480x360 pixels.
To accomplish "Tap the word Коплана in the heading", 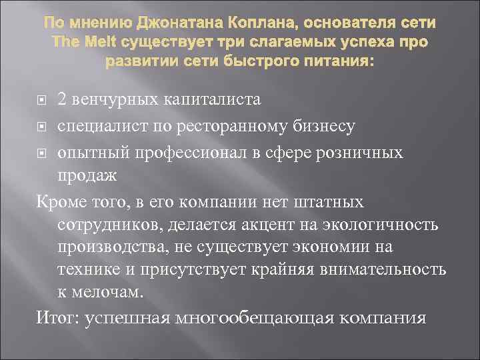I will (255, 23).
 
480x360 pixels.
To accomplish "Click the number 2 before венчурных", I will (62, 99).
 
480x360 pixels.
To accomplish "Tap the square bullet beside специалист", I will (41, 127).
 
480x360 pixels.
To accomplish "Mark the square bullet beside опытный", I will (41, 153).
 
